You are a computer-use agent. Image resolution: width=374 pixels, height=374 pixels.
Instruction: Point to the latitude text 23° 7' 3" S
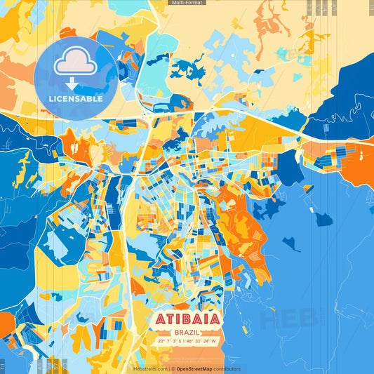[169, 341]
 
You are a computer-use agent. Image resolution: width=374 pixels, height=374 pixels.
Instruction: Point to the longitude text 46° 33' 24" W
[204, 341]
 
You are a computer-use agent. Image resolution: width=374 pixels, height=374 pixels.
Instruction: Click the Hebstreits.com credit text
[149, 368]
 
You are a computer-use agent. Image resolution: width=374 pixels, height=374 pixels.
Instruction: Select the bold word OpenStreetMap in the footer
[194, 368]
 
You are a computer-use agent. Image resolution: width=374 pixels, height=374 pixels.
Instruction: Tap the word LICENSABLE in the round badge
[76, 99]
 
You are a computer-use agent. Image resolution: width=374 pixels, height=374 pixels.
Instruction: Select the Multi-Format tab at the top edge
[187, 3]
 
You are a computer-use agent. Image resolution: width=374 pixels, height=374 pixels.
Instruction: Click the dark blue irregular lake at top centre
[187, 69]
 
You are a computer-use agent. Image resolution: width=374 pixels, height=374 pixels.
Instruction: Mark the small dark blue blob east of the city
[323, 219]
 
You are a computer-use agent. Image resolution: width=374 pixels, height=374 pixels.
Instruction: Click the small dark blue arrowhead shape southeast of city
[291, 244]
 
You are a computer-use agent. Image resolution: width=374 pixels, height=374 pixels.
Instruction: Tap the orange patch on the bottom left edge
[6, 324]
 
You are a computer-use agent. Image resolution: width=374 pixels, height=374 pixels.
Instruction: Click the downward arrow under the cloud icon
[76, 81]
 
